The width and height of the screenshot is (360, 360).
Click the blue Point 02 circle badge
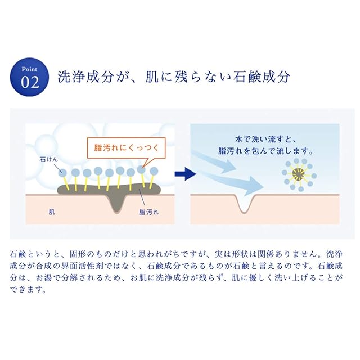tap(30, 76)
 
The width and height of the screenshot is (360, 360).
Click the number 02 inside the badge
tap(30, 82)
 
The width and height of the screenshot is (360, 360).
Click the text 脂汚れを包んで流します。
tap(265, 151)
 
